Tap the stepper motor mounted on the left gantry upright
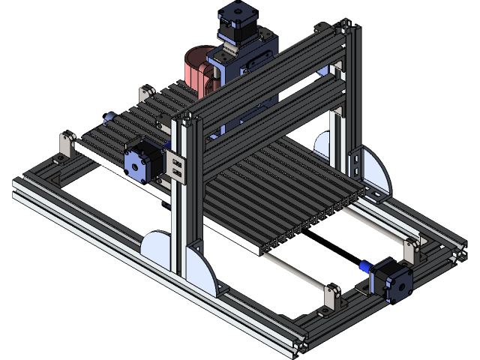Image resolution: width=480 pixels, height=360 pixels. (x=142, y=160)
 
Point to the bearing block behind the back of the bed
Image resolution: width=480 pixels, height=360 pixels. (x=145, y=96)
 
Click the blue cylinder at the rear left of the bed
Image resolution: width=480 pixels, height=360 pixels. (x=108, y=118)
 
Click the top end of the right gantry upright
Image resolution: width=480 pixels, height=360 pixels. (x=347, y=30)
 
